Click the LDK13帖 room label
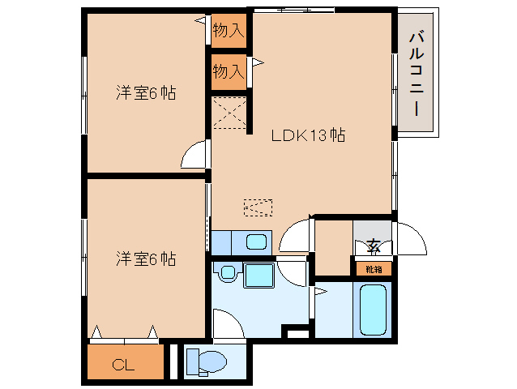pos(308,135)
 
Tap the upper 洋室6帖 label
pos(146,93)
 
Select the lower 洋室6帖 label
pos(146,259)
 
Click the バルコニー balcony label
pos(416,73)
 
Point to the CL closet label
pos(123,365)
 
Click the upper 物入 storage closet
pos(229,30)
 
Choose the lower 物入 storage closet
pos(229,71)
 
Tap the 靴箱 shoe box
pos(374,269)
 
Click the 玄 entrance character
pos(374,246)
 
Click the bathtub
pos(373,310)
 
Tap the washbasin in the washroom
pos(227,272)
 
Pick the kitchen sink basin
pos(256,242)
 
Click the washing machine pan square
pos(259,276)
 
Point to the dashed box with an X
pos(230,113)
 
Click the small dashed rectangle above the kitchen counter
pos(258,207)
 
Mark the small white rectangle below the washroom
pos(297,334)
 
